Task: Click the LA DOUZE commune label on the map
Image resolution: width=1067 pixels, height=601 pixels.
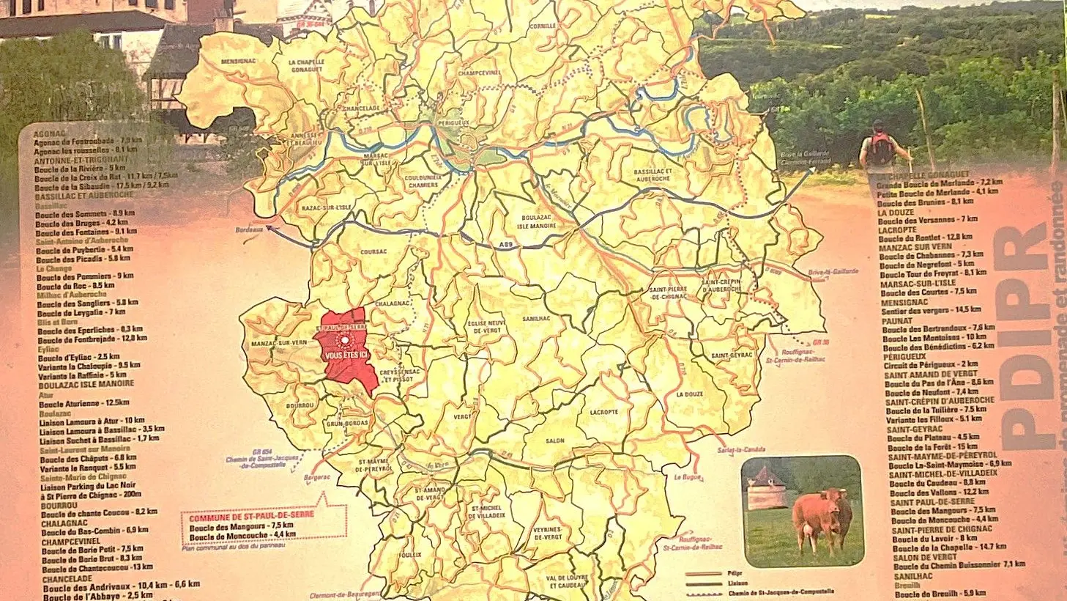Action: tap(689, 394)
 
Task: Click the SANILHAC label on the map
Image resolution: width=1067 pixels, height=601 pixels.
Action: tap(537, 319)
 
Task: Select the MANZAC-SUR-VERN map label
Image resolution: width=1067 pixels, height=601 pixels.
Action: tap(278, 342)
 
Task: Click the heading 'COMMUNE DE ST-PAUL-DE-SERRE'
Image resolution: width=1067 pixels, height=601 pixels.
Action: tap(251, 515)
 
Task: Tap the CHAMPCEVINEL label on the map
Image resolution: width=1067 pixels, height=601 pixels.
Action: tap(479, 73)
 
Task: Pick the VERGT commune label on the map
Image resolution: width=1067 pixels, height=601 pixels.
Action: tap(463, 416)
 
